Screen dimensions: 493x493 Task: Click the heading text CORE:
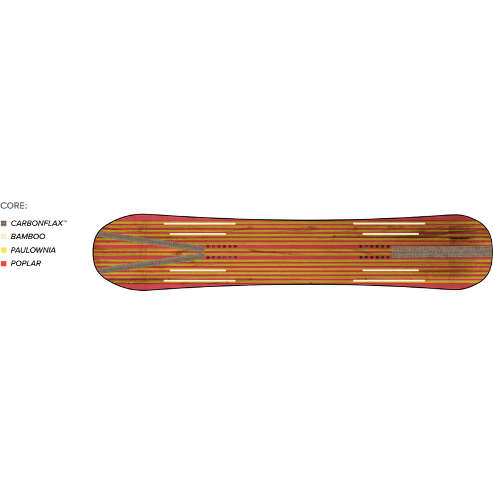click(x=14, y=206)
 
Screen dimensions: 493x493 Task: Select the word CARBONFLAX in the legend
click(x=37, y=223)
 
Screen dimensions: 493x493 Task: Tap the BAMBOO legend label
click(x=28, y=237)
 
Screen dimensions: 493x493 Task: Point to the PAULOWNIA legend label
click(x=33, y=250)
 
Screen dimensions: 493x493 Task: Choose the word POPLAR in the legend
click(x=26, y=264)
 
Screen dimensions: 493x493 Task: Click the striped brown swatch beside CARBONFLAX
click(x=4, y=224)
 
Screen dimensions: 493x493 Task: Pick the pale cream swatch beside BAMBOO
click(x=4, y=237)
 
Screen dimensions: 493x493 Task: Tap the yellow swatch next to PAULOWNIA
click(x=4, y=250)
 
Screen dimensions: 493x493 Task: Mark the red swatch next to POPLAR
click(x=4, y=264)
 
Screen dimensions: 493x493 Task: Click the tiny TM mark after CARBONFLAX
click(x=65, y=221)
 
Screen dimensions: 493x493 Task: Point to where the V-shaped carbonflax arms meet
click(x=203, y=252)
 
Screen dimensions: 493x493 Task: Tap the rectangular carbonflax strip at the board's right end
click(x=441, y=252)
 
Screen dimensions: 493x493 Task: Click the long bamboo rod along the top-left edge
click(x=200, y=224)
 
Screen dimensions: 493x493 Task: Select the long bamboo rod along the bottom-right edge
click(x=389, y=280)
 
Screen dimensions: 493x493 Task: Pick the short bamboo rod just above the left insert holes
click(x=198, y=234)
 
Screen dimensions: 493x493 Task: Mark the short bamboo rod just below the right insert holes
click(x=391, y=270)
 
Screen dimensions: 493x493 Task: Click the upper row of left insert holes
click(x=222, y=247)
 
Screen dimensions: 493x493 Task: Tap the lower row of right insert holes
click(x=375, y=258)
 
